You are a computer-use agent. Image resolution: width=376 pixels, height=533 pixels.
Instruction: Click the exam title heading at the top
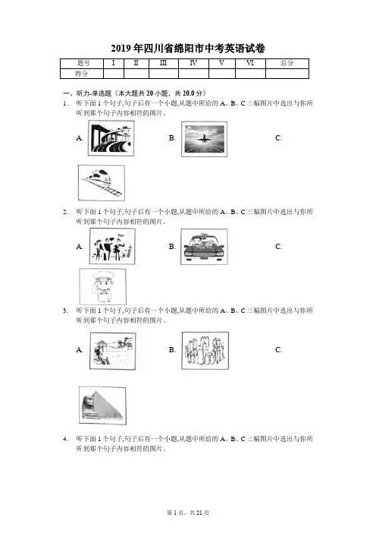pos(188,49)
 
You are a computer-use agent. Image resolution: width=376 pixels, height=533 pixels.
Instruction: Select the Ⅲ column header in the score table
pos(164,63)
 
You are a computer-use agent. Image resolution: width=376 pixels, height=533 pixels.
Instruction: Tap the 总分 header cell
pos(287,63)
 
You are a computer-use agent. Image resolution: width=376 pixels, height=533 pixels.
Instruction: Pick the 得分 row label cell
pos(82,74)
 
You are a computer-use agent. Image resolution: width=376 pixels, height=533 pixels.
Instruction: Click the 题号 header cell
pos(82,63)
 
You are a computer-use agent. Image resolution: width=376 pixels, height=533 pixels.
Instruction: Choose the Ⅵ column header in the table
pos(250,63)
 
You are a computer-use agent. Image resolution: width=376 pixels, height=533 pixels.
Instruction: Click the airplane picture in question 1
pos(204,139)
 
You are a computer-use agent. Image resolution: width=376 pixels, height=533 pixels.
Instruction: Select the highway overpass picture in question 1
pos(111,138)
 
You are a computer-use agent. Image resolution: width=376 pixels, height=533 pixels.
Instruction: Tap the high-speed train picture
pos(102,183)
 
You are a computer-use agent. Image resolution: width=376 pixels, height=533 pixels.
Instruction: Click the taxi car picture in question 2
pos(204,247)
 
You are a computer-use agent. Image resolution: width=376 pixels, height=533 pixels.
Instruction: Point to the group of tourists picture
pos(112,246)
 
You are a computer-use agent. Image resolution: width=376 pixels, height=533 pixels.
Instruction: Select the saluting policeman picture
pos(102,286)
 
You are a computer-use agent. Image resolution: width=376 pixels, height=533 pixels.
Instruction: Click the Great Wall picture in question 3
pos(113,351)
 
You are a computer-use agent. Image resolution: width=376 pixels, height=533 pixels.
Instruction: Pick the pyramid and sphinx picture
pos(102,405)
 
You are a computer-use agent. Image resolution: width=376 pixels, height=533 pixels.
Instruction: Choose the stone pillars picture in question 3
pos(205,351)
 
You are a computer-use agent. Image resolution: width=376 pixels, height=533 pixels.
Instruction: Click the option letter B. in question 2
pos(172,247)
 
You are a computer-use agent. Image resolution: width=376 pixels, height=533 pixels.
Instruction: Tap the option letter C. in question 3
pos(279,350)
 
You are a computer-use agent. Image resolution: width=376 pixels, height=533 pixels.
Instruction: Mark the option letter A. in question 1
pos(80,138)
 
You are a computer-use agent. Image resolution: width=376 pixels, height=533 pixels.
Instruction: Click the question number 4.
pos(65,439)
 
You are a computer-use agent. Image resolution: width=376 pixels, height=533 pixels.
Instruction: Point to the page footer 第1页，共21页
pos(188,512)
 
